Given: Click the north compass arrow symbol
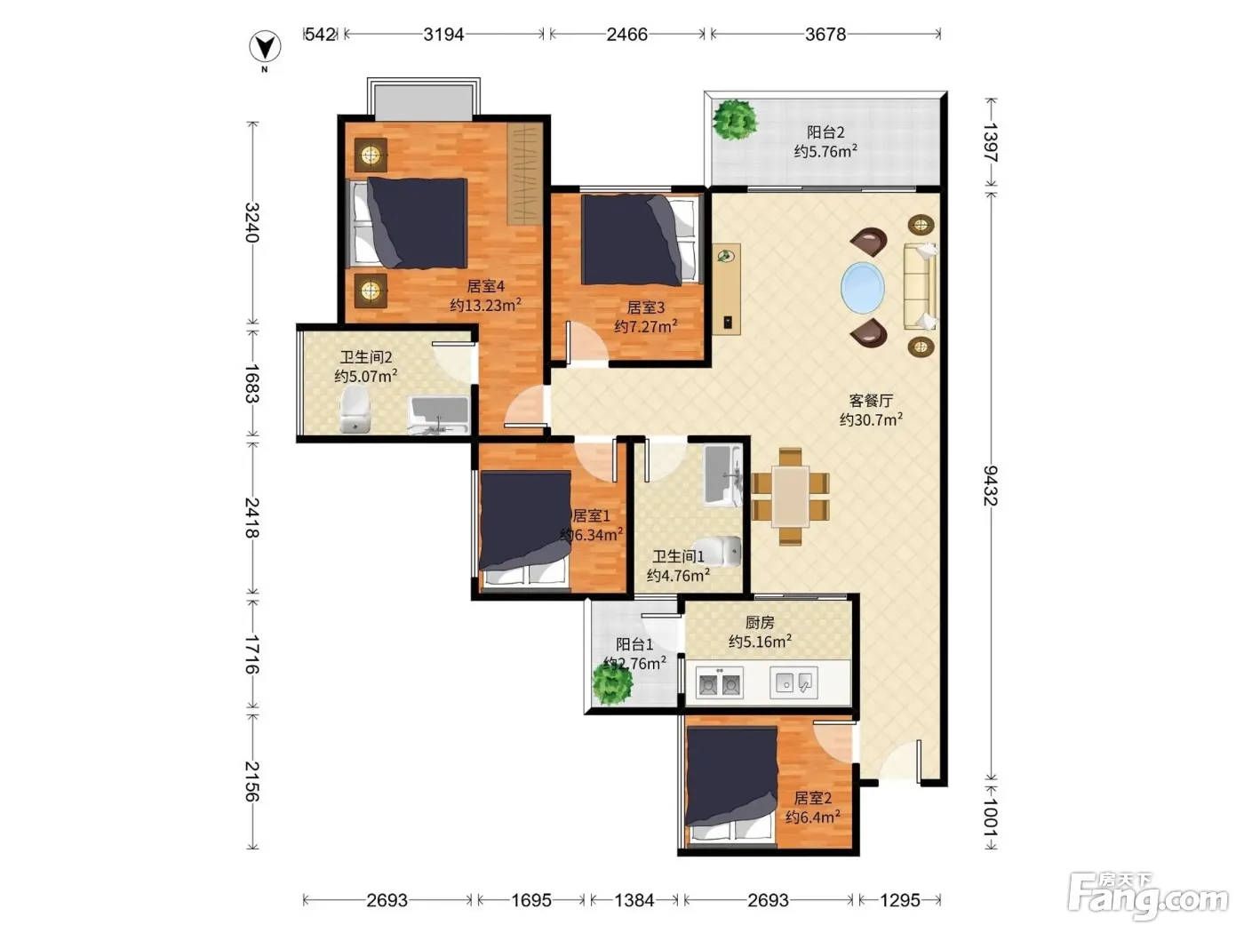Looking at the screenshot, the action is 265,47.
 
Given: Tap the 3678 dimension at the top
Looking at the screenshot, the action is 825,35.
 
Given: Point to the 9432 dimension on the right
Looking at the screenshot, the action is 990,485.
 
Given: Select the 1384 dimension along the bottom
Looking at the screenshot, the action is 634,899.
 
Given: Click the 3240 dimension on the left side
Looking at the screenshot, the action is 251,222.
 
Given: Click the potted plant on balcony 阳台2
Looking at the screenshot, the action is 735,120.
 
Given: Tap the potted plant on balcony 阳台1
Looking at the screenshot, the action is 612,683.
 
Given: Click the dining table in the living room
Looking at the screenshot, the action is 790,497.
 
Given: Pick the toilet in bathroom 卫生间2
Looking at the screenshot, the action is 355,409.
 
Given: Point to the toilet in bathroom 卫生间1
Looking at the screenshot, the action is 717,551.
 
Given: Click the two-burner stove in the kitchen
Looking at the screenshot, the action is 719,683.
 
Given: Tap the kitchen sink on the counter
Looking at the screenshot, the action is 793,682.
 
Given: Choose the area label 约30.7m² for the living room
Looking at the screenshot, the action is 871,419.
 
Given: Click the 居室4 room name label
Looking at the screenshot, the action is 485,286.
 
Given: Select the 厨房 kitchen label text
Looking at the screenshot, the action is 760,623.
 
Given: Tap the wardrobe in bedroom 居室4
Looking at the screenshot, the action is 525,174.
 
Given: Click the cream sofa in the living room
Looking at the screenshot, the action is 920,287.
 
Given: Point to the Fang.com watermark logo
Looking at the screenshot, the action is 1148,897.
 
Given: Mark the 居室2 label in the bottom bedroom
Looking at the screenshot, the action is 813,798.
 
